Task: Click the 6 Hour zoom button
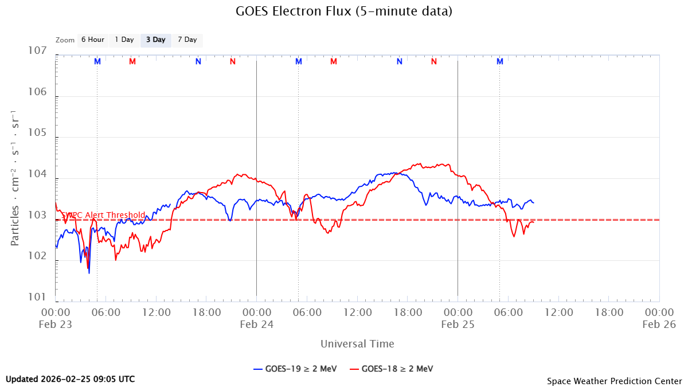[x=92, y=40]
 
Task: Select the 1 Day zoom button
[x=124, y=40]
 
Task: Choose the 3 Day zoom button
[x=155, y=40]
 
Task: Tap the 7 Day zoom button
[x=187, y=40]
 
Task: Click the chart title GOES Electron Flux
[x=344, y=11]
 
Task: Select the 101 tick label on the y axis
[x=36, y=298]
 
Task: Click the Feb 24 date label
[x=256, y=325]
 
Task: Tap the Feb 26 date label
[x=658, y=325]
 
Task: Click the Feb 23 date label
[x=56, y=325]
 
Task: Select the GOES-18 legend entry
[x=390, y=369]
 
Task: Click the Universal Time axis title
[x=357, y=344]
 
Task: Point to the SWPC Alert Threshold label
[x=103, y=215]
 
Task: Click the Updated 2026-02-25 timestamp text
[x=71, y=379]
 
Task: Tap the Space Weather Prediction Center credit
[x=614, y=381]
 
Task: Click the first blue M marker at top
[x=97, y=61]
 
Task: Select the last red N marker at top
[x=434, y=61]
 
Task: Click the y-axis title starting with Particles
[x=15, y=178]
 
